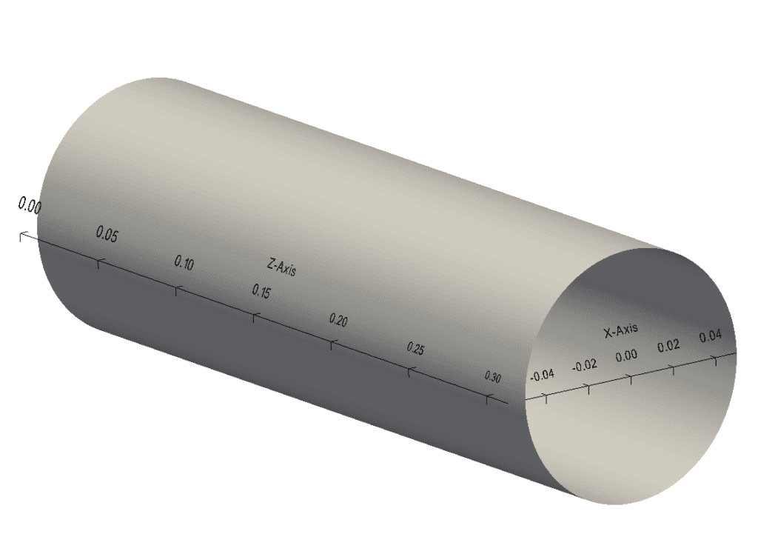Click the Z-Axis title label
[281, 267]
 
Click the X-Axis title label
[620, 331]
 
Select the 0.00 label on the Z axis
[30, 207]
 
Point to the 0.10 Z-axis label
[184, 263]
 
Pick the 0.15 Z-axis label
[261, 292]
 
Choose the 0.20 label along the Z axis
[338, 320]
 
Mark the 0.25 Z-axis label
[415, 349]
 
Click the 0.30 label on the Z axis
[492, 377]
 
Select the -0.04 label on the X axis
[542, 375]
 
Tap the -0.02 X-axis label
[584, 365]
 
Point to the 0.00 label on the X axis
[626, 356]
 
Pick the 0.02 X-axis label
[668, 346]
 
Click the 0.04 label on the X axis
[710, 337]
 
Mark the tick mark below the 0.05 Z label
[98, 261]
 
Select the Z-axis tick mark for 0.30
[486, 400]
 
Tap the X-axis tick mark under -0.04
[546, 397]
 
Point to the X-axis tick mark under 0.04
[715, 359]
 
